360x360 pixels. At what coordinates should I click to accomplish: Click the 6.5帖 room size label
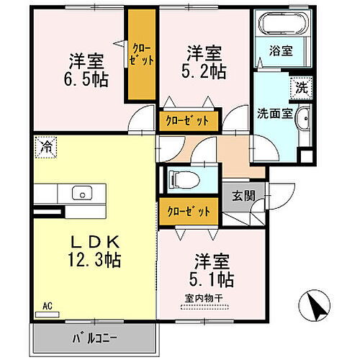point(89,70)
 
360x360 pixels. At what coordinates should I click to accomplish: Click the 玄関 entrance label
point(240,194)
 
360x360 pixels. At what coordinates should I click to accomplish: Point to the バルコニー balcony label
point(94,337)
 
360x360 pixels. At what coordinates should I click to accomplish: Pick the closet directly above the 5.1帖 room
point(190,211)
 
